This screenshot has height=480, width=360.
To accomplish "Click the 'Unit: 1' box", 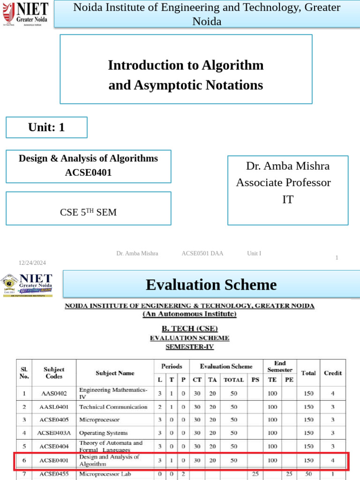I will coord(46,127).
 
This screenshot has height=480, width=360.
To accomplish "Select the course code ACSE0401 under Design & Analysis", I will coord(88,172).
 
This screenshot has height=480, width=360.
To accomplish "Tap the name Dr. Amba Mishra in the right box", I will coord(287,166).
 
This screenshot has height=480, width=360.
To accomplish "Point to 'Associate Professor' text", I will coord(283,182).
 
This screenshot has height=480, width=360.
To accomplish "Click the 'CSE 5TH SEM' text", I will coord(88,212).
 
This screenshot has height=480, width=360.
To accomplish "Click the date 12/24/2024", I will coord(32,262).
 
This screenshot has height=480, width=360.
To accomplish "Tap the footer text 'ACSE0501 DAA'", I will coord(202,254).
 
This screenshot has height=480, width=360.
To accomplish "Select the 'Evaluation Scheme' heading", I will coord(211,285).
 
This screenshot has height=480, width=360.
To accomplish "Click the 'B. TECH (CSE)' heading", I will coord(189,328).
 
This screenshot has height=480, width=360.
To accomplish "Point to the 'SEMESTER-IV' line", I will coord(189,347).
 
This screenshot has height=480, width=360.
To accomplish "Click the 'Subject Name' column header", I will coord(115,373).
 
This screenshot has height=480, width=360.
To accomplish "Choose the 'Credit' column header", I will coord(332,373).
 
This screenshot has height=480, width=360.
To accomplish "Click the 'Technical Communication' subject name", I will coord(113,407).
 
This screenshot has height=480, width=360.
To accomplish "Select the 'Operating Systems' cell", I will coord(103,433).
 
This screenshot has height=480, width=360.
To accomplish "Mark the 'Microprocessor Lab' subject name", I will coord(105,474).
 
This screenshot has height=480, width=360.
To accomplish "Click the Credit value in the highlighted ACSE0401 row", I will coord(332,460).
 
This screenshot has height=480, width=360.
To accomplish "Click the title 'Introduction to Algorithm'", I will coord(186,65).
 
